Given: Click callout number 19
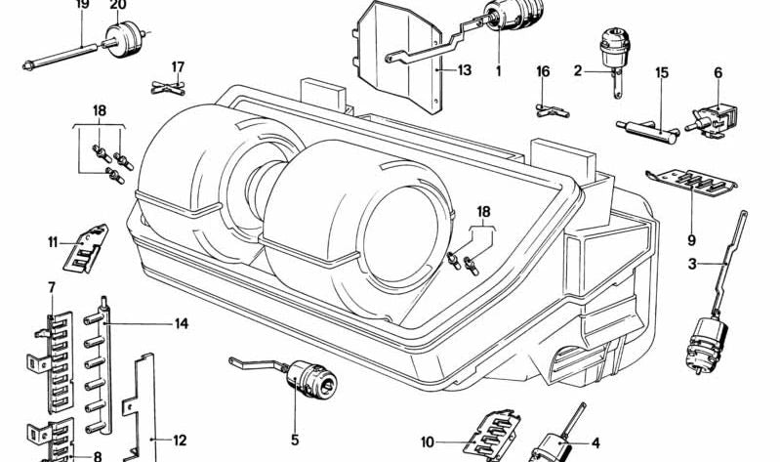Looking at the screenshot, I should coord(82,5).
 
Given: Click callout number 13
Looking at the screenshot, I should coord(464,70).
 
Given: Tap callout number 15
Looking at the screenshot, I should coord(662,73).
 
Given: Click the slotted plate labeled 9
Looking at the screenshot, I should coord(696,181).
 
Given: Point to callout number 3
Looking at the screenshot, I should coord(690,264).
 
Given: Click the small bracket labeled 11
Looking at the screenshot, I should coord(86,251).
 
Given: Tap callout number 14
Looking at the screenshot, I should coord(182,323).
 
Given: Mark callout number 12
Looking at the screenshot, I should coord(180,441).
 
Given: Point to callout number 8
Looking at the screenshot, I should coord(97,456).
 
